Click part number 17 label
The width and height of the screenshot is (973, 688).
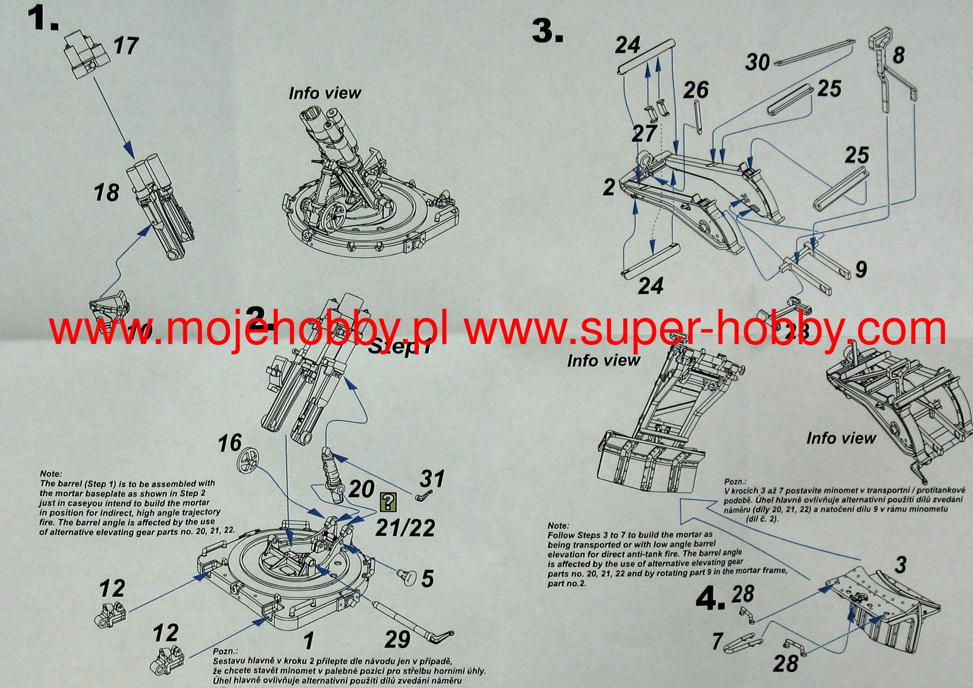(x=125, y=46)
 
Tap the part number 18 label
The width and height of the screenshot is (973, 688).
(x=106, y=192)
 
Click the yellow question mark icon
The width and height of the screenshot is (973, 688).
(x=389, y=502)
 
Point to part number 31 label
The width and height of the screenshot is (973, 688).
(x=432, y=478)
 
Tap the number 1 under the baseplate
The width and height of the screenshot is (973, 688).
(x=309, y=641)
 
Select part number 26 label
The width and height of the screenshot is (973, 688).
(x=696, y=90)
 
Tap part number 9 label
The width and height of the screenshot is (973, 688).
(x=860, y=269)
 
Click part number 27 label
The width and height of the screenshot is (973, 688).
(x=644, y=134)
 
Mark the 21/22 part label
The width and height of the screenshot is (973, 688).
(x=405, y=528)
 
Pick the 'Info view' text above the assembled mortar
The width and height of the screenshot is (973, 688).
(x=324, y=93)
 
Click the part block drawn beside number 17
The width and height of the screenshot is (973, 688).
(x=86, y=55)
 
